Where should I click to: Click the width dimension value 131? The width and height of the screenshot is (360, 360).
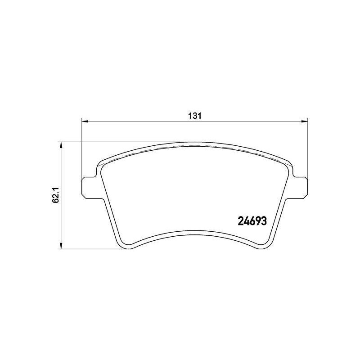pos(195,116)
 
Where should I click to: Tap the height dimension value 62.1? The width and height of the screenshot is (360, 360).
pos(56,195)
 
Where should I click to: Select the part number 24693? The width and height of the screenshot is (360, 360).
pos(252,221)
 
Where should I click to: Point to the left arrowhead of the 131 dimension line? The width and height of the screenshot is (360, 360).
pos(85,121)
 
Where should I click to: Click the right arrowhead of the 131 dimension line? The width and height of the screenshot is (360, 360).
pos(304,121)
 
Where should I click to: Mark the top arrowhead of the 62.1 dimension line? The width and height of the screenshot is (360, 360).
pos(61,145)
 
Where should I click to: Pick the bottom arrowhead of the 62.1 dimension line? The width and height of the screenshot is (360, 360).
pos(61,245)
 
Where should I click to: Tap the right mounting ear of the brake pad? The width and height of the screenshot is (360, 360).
pos(300,187)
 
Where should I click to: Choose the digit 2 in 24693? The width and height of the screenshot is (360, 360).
pos(241,221)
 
